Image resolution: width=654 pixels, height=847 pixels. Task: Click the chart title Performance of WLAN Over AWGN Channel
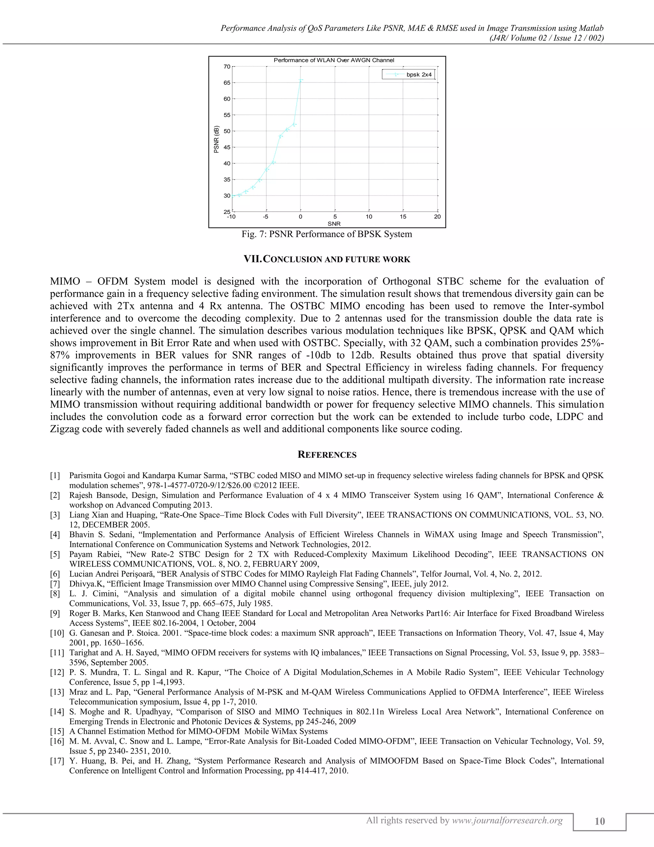tap(334, 60)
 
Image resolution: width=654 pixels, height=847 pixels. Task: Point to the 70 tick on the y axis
tap(227, 67)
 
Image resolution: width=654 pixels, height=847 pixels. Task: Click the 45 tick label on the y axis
tap(227, 147)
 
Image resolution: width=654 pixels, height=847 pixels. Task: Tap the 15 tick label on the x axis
tap(403, 217)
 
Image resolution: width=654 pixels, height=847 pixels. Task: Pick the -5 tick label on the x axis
tap(265, 217)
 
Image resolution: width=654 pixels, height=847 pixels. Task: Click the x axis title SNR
tap(334, 224)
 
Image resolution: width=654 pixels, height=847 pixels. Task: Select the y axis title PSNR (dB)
tap(217, 139)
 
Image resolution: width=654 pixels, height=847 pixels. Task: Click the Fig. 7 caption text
tap(327, 234)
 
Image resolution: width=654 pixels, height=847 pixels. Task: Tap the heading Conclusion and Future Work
tap(327, 259)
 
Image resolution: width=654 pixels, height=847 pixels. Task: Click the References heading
tap(327, 455)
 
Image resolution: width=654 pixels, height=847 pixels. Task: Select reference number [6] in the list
tap(55, 574)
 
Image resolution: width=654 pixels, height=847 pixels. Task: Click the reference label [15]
tap(57, 731)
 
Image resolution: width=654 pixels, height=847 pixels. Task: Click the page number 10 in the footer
tap(599, 821)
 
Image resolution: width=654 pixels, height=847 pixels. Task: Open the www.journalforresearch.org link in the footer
tap(507, 820)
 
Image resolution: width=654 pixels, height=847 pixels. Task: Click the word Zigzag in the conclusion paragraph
tap(64, 429)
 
